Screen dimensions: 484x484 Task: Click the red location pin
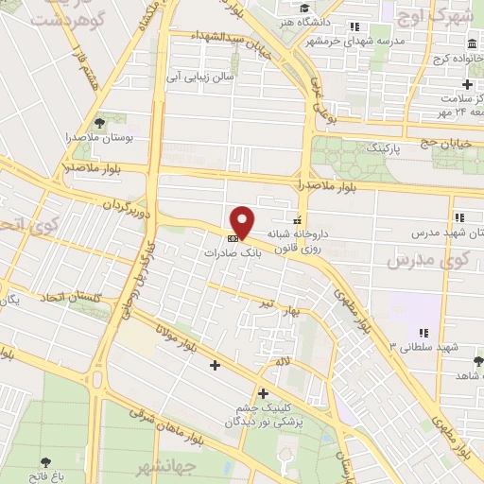click(243, 221)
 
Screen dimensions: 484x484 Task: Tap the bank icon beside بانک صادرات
click(233, 237)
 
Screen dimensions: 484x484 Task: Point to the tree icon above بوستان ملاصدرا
click(99, 123)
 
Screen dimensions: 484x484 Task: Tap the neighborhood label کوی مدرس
click(416, 258)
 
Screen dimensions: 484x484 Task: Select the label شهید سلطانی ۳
click(422, 347)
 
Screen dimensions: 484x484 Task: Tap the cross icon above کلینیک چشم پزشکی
click(263, 392)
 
